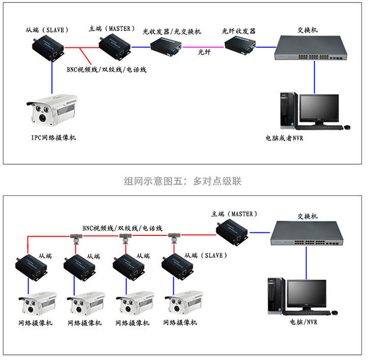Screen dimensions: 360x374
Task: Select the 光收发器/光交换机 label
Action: tap(172, 32)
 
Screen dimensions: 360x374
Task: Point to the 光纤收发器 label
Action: tap(239, 32)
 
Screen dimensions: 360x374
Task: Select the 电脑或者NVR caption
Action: tap(284, 138)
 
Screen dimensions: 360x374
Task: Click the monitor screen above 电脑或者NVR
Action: tap(319, 108)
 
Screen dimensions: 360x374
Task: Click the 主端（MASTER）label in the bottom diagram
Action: tap(234, 214)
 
